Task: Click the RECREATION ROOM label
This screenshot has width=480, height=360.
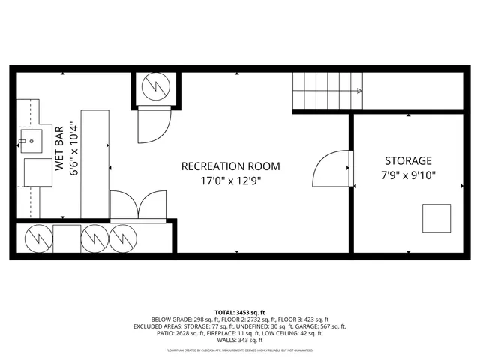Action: tap(230, 166)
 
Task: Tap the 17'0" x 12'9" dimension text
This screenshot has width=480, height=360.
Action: tap(230, 180)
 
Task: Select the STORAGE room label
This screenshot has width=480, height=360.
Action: tap(408, 160)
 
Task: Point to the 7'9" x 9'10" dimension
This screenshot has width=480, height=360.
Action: tap(409, 175)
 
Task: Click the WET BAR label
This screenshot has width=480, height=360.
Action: tap(59, 149)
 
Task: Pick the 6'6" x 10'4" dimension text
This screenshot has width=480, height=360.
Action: tap(73, 149)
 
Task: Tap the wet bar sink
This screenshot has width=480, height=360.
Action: tap(32, 139)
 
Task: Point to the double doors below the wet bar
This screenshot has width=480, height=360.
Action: tap(138, 206)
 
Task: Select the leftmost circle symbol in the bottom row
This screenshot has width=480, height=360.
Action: tap(37, 239)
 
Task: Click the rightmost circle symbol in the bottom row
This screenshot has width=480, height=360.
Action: tap(123, 239)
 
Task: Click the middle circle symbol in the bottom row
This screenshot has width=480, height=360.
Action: tap(94, 239)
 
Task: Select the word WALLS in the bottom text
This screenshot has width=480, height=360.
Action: tap(226, 340)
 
